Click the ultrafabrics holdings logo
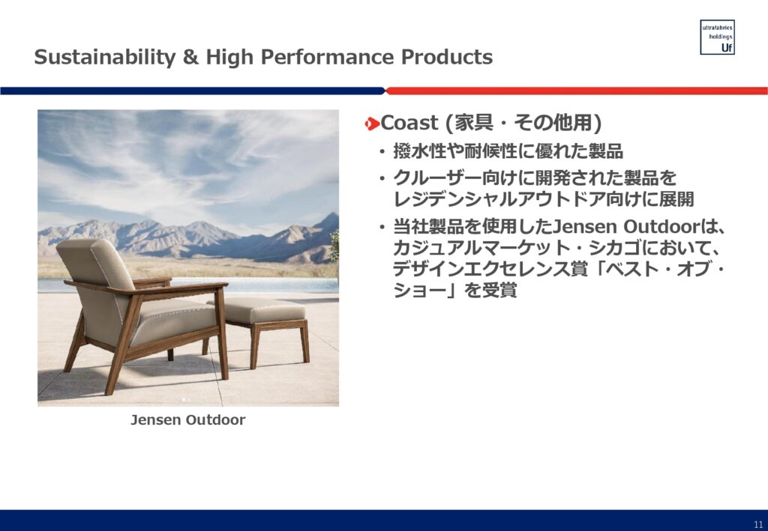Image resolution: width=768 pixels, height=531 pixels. [x=717, y=37]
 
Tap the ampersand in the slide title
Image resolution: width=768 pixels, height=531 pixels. [x=190, y=57]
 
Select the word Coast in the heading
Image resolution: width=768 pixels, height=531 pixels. [x=409, y=123]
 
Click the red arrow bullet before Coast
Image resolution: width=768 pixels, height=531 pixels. [x=372, y=124]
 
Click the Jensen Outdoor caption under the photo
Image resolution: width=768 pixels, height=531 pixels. [x=188, y=420]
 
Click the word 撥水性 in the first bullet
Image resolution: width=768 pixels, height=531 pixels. [x=420, y=151]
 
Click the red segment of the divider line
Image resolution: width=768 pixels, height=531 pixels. [x=577, y=91]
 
